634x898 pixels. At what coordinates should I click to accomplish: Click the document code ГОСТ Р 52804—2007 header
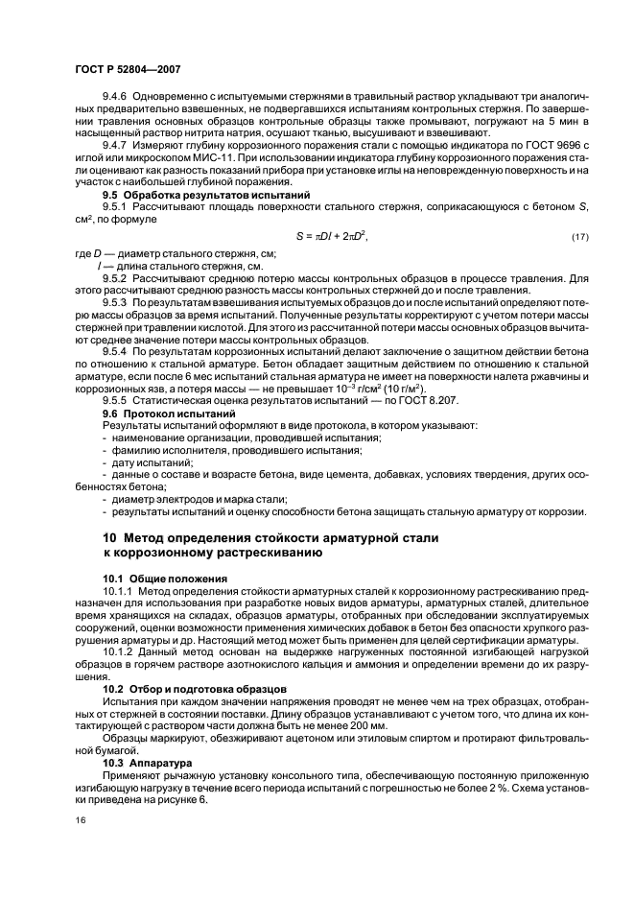128,70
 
